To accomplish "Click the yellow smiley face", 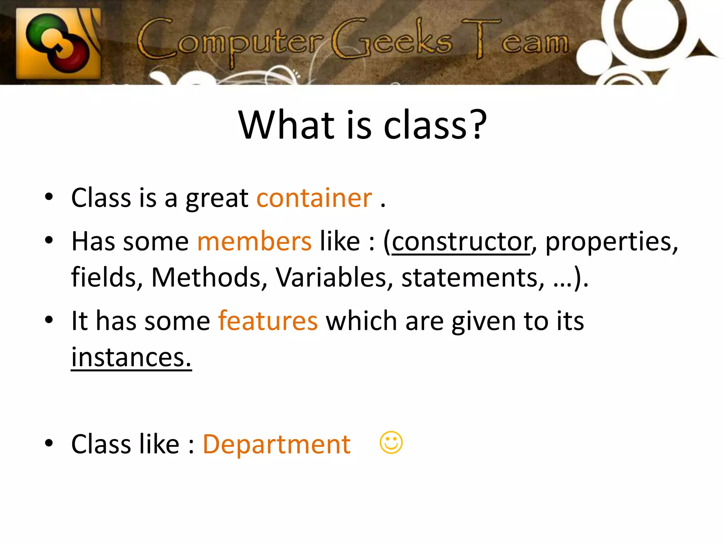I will tap(391, 442).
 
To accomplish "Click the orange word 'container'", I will tap(314, 198).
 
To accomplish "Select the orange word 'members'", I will tap(254, 241).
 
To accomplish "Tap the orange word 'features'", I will tap(268, 321).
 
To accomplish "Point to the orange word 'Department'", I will tap(276, 444).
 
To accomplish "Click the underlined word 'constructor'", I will tap(461, 241).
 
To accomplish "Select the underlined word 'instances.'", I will tap(131, 357).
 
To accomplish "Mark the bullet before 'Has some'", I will tap(49, 240).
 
